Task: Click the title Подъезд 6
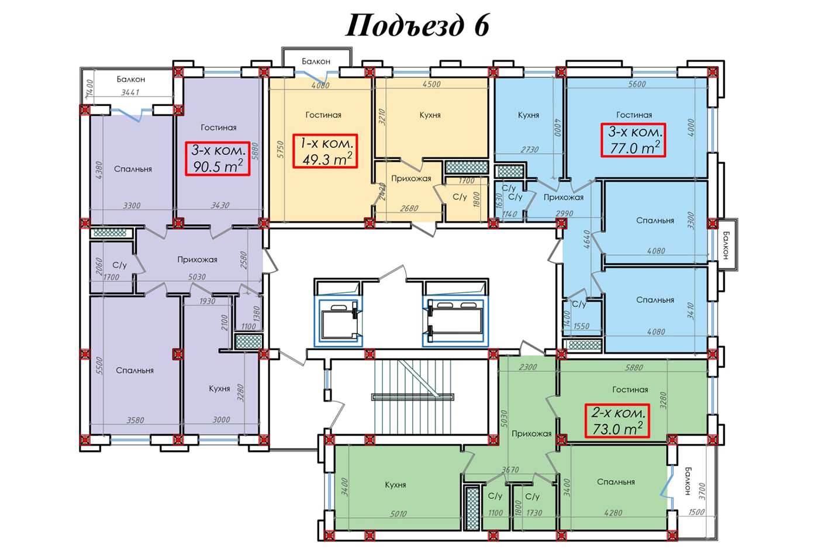[x=417, y=26]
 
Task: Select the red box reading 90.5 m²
[x=217, y=158]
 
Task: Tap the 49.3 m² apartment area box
[x=325, y=151]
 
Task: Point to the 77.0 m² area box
[x=633, y=140]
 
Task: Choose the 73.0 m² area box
[x=617, y=420]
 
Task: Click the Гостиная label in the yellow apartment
[x=323, y=115]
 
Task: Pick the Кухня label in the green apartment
[x=395, y=485]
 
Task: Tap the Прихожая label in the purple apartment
[x=197, y=260]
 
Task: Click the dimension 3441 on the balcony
[x=130, y=92]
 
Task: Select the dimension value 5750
[x=280, y=149]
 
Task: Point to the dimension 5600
[x=637, y=84]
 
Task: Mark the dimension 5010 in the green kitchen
[x=398, y=514]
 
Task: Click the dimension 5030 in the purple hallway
[x=197, y=277]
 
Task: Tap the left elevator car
[x=339, y=322]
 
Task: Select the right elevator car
[x=455, y=322]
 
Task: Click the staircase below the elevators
[x=413, y=396]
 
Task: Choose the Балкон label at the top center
[x=316, y=61]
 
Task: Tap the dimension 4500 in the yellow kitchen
[x=431, y=84]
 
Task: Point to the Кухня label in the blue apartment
[x=529, y=115]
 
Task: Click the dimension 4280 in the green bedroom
[x=613, y=513]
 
